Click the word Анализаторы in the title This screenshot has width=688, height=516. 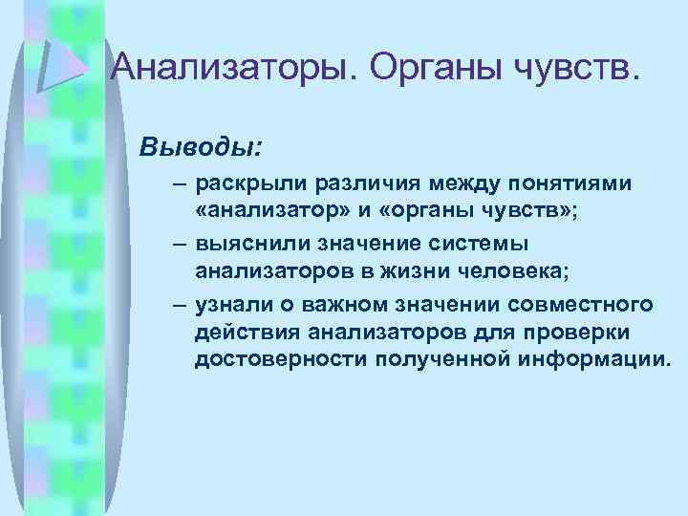pyautogui.click(x=233, y=68)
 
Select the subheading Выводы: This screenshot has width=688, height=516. pyautogui.click(x=200, y=149)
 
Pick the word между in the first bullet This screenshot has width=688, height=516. pyautogui.click(x=440, y=182)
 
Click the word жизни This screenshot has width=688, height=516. pyautogui.click(x=420, y=272)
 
